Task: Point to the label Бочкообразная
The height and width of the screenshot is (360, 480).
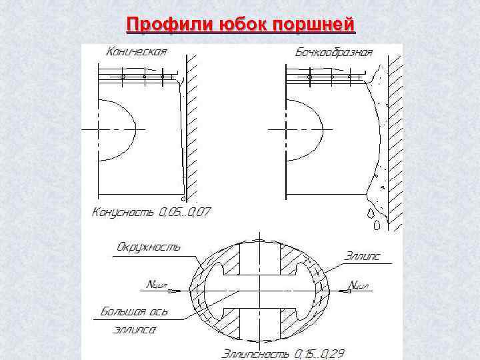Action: pos(333,52)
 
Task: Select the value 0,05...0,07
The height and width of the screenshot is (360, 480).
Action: pos(184,213)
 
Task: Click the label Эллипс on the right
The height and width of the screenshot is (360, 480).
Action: pos(362,255)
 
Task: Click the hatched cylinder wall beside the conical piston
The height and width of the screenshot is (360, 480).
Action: pos(193,127)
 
